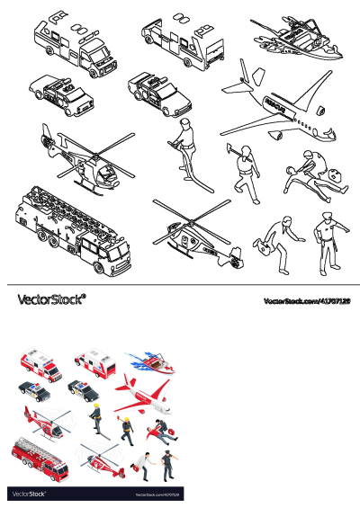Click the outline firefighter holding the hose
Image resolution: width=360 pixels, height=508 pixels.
[x=184, y=144]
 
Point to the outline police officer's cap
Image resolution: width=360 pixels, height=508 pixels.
[x=325, y=216]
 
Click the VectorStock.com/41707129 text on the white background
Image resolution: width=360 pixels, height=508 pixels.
[x=305, y=301]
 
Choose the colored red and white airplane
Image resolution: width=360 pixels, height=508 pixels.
[x=143, y=393]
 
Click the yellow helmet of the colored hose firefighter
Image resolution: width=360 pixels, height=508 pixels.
[x=93, y=406]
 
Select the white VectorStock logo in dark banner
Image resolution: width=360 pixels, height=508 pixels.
[x=31, y=494]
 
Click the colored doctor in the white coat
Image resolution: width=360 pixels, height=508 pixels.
[x=141, y=464]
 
